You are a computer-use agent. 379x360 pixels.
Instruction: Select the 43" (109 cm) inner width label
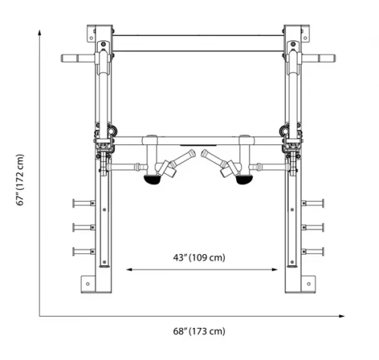point(200,257)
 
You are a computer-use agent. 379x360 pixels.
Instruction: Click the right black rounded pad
point(243,179)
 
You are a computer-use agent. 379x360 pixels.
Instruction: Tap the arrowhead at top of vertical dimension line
point(40,31)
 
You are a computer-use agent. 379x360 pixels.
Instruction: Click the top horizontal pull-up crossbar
point(197,34)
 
